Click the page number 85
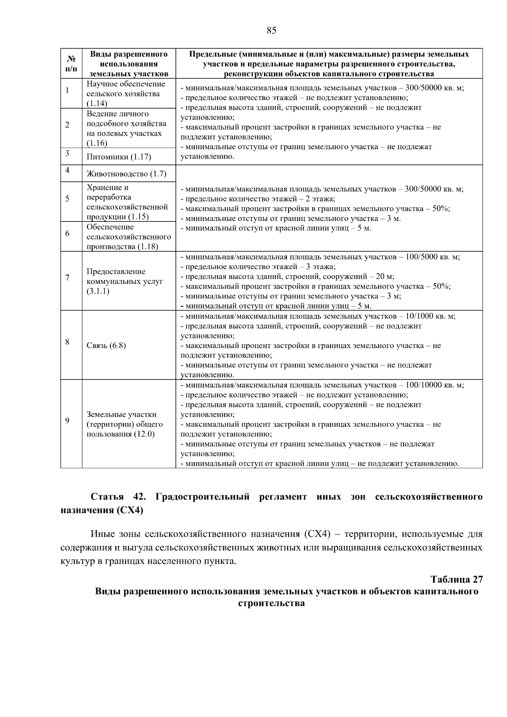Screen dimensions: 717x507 click(271, 30)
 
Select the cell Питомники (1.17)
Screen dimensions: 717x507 click(119, 157)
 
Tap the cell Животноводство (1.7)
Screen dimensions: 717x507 click(126, 174)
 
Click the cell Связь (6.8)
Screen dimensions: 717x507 click(106, 346)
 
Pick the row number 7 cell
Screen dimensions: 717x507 click(68, 278)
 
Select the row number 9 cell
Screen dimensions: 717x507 click(68, 420)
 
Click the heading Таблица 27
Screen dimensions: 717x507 click(456, 579)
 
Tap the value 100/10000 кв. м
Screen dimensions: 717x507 click(434, 385)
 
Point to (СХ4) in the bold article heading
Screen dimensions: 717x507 click(129, 510)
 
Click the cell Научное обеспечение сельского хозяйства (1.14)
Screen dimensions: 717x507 click(125, 93)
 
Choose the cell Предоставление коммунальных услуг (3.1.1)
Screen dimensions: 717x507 click(125, 281)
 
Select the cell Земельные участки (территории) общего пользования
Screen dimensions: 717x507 click(125, 424)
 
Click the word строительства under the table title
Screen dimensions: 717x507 click(271, 603)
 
